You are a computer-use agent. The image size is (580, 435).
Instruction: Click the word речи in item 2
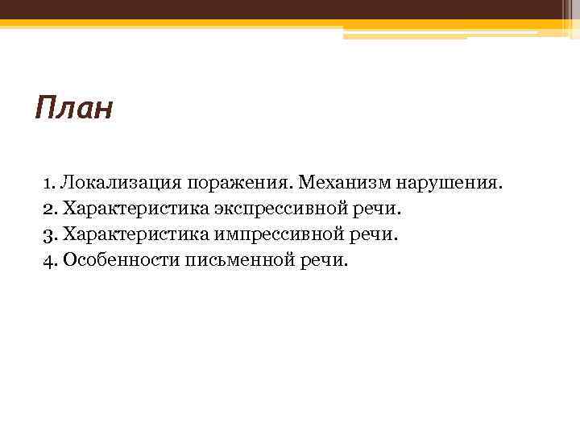pos(379,209)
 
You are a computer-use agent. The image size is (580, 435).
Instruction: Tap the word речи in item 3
pos(378,234)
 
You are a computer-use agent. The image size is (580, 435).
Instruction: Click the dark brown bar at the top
pos(290,9)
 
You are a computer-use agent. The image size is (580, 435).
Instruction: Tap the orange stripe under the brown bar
pos(242,23)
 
